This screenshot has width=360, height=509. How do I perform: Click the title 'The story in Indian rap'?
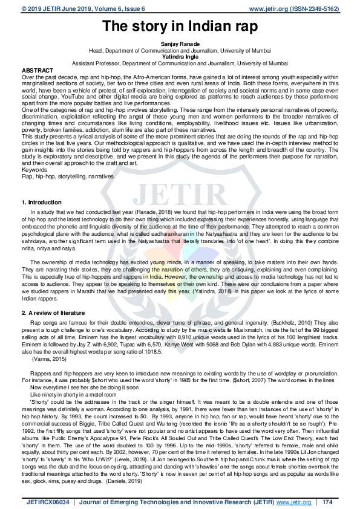[180, 26]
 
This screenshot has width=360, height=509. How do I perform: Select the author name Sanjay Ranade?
[180, 45]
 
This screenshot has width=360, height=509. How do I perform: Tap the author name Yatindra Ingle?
[180, 56]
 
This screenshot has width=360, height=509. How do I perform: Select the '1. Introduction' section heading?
[41, 201]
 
